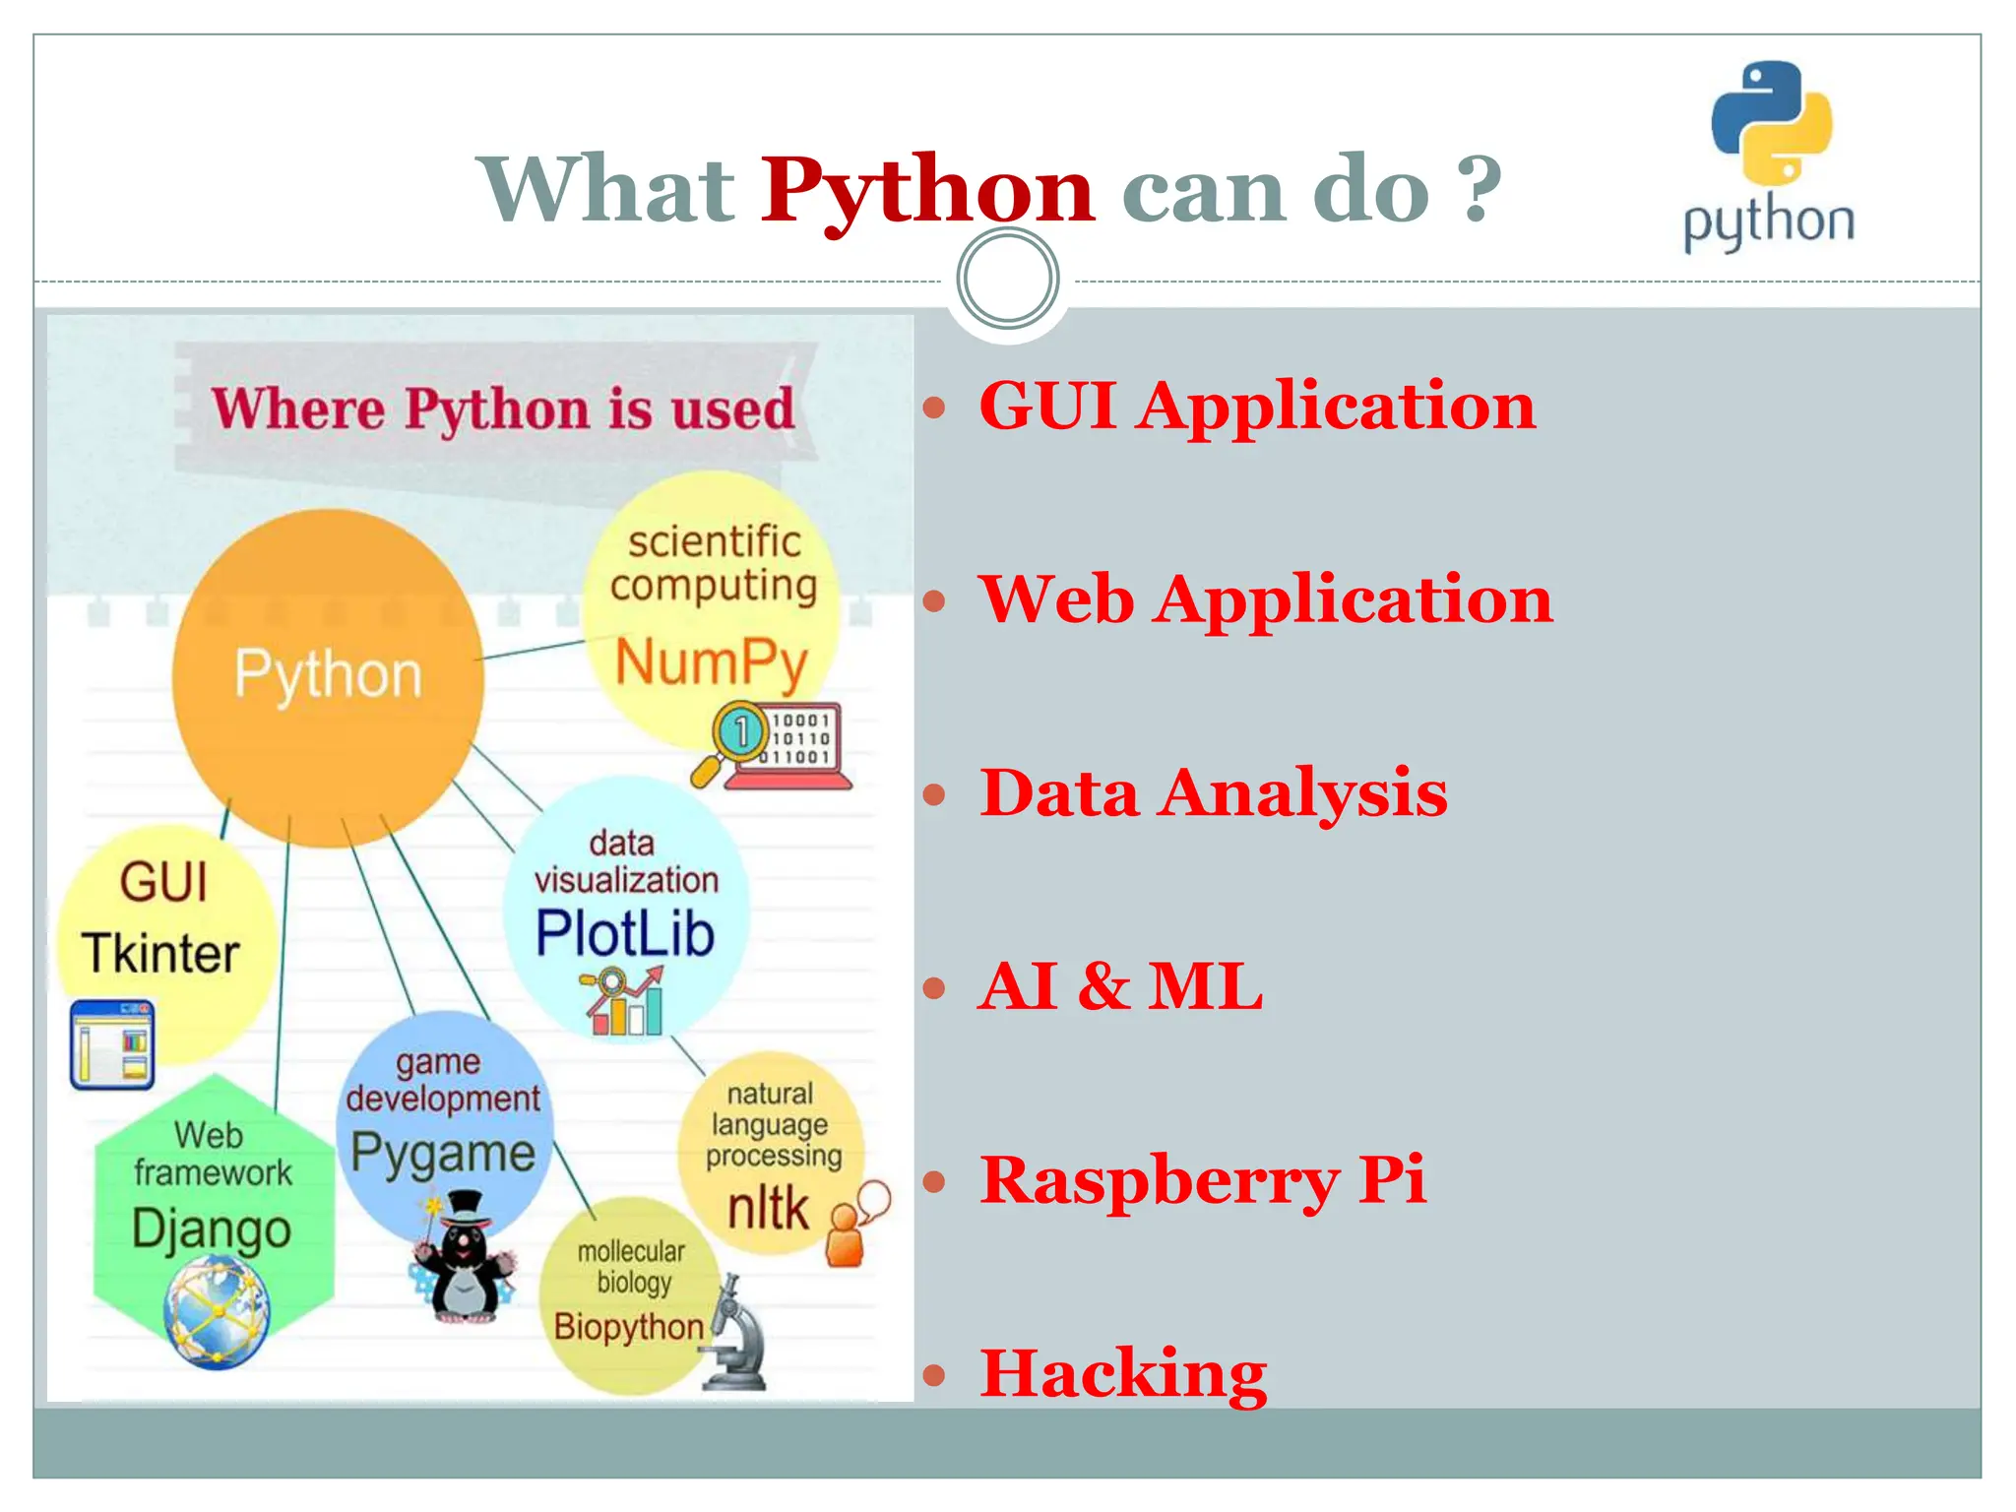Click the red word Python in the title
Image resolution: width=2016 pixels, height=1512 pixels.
point(926,189)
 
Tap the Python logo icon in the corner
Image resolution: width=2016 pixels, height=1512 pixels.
point(1771,124)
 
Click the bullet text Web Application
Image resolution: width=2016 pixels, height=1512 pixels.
point(1265,599)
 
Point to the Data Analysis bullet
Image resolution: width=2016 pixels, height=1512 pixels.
point(1213,793)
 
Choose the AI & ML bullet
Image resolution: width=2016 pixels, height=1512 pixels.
point(1120,986)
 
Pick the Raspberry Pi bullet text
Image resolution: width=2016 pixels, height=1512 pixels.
point(1202,1179)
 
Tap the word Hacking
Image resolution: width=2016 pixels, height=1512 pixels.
point(1123,1373)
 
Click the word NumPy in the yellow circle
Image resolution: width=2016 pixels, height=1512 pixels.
point(711,661)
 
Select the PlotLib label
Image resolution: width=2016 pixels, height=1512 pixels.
point(625,933)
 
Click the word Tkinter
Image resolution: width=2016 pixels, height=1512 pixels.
point(161,953)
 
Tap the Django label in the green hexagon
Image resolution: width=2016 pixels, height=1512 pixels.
point(212,1230)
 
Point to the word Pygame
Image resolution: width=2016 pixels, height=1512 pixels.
point(443,1154)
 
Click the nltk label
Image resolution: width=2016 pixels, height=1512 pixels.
point(768,1208)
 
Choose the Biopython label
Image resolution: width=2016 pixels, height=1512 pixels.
point(629,1327)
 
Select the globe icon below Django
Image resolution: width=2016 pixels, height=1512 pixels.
point(217,1314)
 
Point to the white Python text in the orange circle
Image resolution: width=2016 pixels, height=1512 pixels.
point(328,675)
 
